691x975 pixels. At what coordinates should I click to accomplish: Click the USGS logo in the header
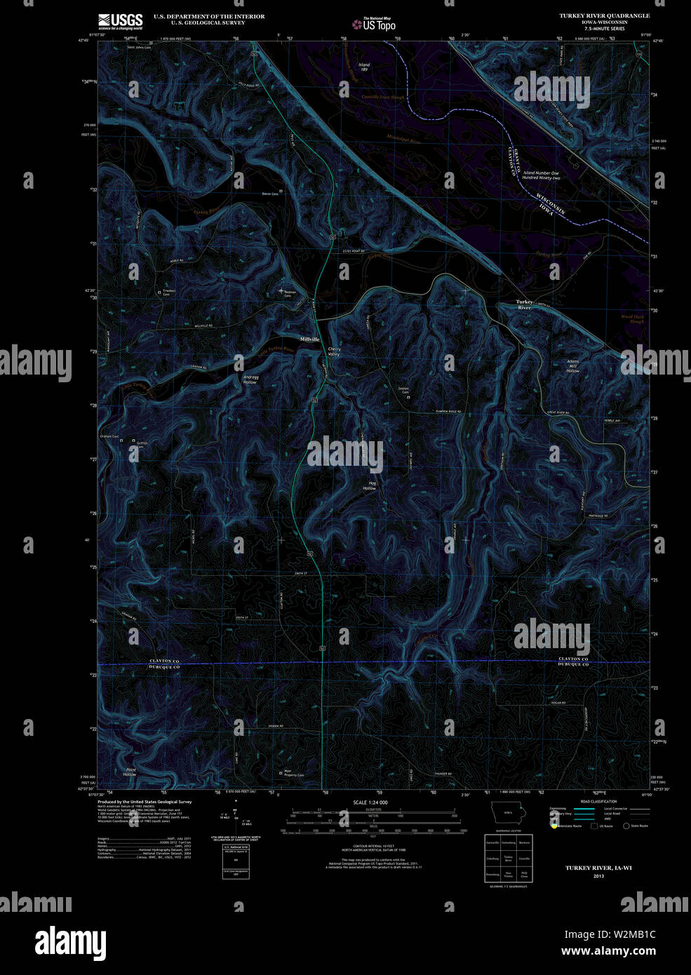121,21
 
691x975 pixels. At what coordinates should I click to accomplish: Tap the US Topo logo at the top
374,25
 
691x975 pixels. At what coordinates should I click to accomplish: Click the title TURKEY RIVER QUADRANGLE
604,15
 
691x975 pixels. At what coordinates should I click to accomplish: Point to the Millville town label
310,339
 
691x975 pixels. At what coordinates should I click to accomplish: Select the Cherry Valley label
334,352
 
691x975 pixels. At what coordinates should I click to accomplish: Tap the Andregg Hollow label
250,379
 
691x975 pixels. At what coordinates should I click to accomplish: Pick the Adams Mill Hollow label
573,366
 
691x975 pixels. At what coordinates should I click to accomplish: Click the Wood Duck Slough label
636,319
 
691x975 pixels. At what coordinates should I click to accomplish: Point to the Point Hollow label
130,772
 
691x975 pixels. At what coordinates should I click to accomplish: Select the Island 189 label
364,67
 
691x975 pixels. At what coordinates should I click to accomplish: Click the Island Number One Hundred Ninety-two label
541,175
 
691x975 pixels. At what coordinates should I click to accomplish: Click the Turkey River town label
524,304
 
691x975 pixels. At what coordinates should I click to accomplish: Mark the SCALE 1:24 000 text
371,802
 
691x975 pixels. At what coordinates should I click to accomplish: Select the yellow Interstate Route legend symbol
554,826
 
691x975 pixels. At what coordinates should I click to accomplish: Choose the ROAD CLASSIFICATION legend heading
598,801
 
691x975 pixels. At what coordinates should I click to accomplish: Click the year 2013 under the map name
598,876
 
